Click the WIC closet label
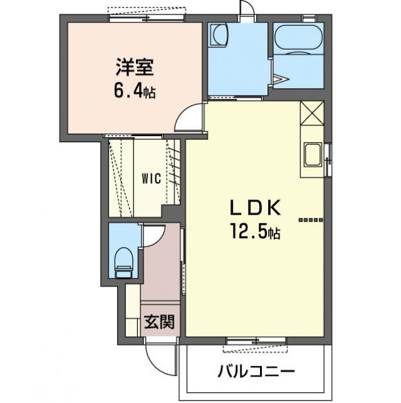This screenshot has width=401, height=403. pos(150,178)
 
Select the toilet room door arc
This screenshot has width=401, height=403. pos(151,236)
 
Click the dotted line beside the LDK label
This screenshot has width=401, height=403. pos(310,220)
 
